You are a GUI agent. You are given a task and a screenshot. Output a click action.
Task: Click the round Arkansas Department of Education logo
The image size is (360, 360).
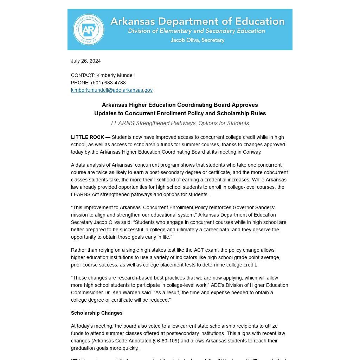(89, 30)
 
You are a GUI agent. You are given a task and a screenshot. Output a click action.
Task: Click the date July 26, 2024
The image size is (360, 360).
(86, 61)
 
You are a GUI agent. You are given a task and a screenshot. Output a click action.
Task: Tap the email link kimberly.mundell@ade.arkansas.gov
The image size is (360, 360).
(112, 90)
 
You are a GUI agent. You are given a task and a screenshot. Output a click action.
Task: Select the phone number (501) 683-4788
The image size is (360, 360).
(108, 83)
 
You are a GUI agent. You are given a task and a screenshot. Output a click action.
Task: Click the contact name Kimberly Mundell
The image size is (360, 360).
(115, 75)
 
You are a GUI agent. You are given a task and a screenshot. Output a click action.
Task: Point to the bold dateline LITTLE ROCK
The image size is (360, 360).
(88, 137)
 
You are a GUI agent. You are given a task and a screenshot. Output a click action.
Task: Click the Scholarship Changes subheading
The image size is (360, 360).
(97, 313)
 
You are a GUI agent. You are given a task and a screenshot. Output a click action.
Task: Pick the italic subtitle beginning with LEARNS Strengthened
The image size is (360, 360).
(180, 123)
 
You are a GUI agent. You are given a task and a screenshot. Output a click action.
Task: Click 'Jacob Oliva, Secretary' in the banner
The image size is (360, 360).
(198, 40)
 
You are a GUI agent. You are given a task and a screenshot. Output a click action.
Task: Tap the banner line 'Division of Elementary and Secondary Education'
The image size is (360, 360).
(197, 31)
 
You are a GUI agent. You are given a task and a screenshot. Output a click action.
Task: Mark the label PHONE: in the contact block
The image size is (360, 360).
(81, 83)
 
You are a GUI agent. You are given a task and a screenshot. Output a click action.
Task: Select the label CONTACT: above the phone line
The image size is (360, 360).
(83, 75)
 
